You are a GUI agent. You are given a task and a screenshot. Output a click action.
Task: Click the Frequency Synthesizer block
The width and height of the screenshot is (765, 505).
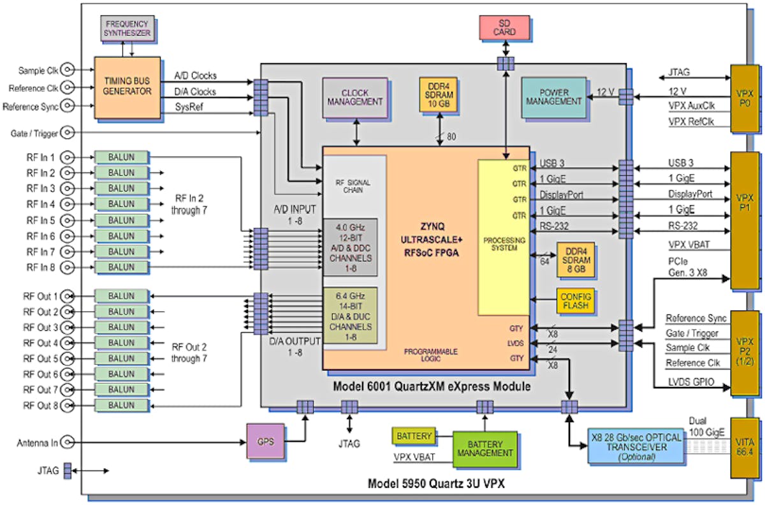click(x=127, y=27)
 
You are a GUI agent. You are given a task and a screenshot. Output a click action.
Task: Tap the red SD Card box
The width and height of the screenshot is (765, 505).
click(x=505, y=27)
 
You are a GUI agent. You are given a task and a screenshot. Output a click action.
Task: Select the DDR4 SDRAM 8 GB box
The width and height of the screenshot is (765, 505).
click(x=576, y=260)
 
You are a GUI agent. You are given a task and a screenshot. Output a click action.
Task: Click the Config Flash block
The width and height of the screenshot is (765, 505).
click(x=576, y=302)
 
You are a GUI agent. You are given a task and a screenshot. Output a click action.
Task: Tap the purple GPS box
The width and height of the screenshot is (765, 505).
click(x=266, y=441)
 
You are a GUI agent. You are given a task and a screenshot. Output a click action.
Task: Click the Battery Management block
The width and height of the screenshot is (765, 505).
click(x=484, y=448)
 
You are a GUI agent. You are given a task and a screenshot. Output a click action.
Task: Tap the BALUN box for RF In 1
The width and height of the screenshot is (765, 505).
click(x=120, y=157)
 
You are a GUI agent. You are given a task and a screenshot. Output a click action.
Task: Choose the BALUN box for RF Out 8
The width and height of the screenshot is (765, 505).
click(x=120, y=405)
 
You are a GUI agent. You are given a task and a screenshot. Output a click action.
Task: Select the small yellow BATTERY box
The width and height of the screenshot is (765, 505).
click(x=414, y=437)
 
